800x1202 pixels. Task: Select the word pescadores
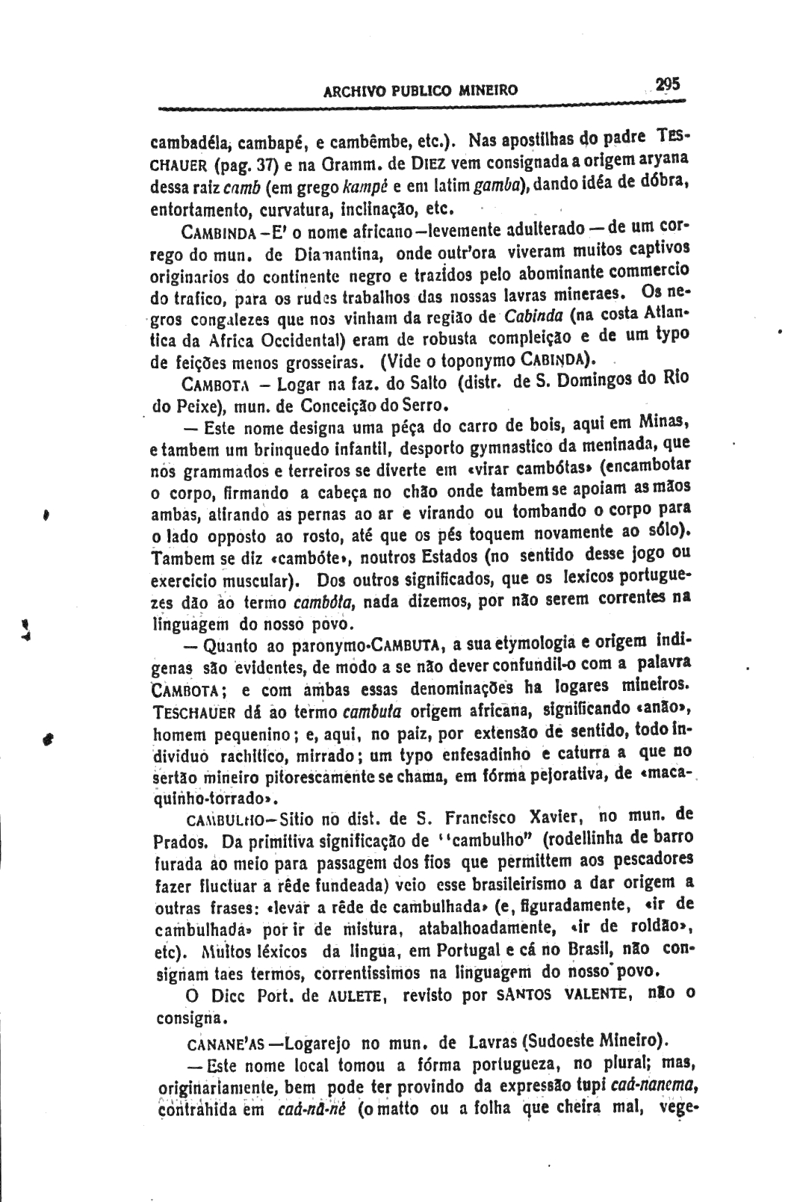click(x=648, y=858)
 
